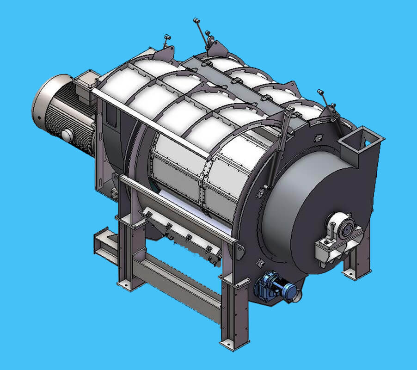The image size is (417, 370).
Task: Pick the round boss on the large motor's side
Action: pos(67,135)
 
